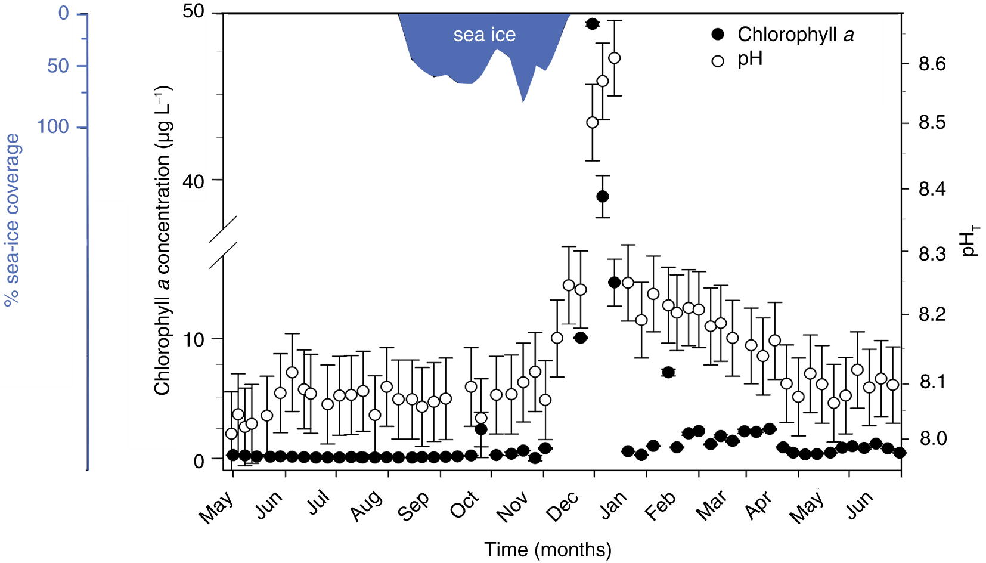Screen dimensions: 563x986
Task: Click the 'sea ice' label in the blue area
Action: (x=484, y=35)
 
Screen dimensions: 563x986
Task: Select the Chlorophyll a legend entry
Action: (x=783, y=35)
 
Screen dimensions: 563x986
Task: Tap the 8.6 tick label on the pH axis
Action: (x=932, y=64)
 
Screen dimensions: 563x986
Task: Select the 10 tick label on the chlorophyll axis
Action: (x=194, y=339)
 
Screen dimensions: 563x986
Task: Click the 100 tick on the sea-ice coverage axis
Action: (x=53, y=126)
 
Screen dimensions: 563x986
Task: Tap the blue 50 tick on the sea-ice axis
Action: (x=58, y=66)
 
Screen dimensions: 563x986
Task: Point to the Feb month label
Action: (x=661, y=507)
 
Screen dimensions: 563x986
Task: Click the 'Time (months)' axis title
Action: (x=547, y=549)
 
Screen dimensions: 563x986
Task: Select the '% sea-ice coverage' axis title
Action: (x=13, y=219)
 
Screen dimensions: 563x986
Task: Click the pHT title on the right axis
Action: (x=971, y=240)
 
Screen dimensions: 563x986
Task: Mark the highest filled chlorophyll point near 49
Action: (x=592, y=24)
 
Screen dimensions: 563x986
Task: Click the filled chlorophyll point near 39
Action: (x=602, y=196)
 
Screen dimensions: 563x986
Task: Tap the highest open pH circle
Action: (x=614, y=58)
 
